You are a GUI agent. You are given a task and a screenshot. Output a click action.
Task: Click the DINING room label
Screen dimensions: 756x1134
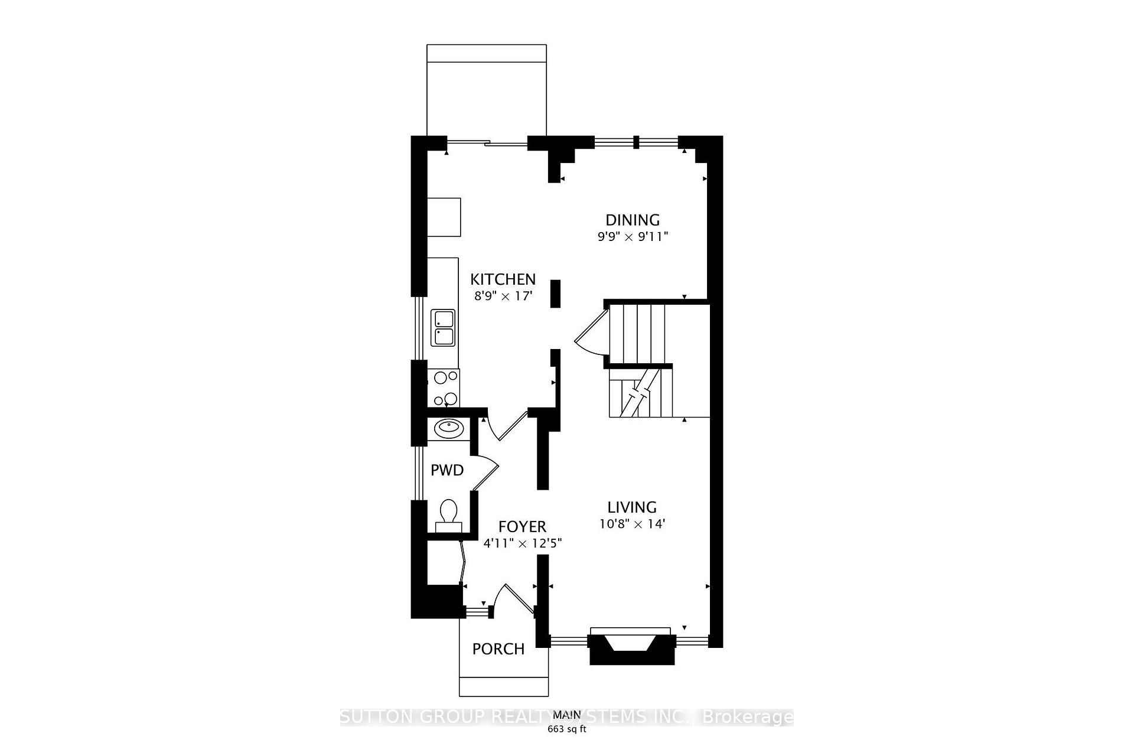[633, 220]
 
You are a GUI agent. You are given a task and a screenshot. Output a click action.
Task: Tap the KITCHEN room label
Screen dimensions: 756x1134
[503, 279]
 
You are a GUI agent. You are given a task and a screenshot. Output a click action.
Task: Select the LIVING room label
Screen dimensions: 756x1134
[632, 507]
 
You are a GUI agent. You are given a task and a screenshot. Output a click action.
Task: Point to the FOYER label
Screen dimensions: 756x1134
[522, 526]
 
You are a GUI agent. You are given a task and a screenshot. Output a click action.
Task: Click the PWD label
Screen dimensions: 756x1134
[447, 470]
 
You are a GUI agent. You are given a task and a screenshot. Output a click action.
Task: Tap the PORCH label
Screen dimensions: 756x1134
[498, 649]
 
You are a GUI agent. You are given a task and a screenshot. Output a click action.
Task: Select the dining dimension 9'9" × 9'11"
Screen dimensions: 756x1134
[633, 237]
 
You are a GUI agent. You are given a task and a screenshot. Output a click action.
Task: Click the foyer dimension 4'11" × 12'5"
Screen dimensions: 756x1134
[522, 543]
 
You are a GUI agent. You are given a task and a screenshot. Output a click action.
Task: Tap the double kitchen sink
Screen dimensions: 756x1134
[444, 328]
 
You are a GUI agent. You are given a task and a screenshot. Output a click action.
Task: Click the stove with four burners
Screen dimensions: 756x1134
[444, 387]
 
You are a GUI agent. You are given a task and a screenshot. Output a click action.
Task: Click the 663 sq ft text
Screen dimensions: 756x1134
[566, 729]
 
